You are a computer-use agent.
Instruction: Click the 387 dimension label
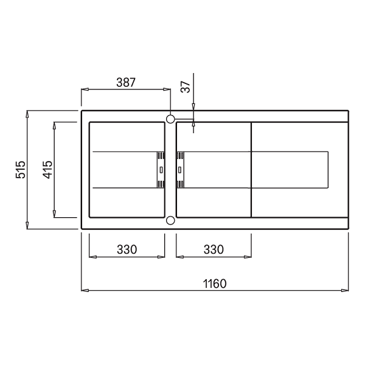point(126,82)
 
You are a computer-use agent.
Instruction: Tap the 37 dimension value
point(186,87)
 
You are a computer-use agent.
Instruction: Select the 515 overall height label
point(21,170)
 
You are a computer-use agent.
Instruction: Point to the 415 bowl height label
point(47,170)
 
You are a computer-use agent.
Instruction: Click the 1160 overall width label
point(215,283)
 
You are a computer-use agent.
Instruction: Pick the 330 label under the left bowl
point(127,249)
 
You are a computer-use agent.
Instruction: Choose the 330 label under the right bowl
point(214,249)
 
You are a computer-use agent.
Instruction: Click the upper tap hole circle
point(170,119)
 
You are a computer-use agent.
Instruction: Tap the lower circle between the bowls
point(170,220)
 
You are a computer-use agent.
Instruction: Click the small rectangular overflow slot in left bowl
point(161,170)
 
